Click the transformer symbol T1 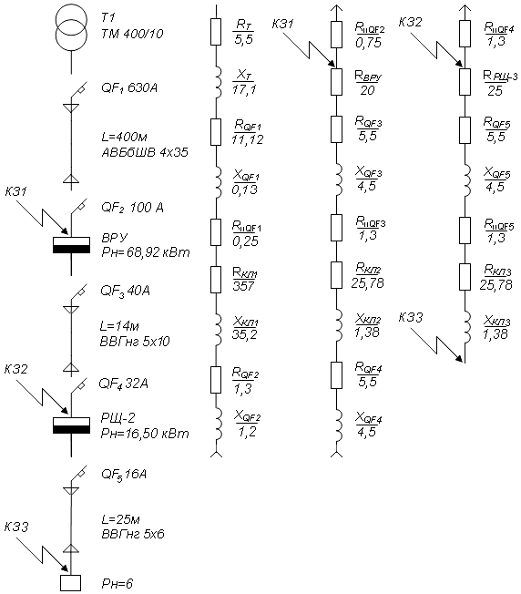[72, 27]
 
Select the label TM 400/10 [132, 34]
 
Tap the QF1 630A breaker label [129, 88]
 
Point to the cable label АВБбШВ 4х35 [145, 152]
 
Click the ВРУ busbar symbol [72, 245]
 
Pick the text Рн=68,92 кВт [146, 252]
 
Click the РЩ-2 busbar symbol [72, 425]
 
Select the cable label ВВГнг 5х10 [135, 342]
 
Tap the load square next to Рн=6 [71, 583]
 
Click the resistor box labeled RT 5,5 [216, 32]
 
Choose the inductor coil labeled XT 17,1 [218, 82]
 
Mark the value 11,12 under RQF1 [248, 139]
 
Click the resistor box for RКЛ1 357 [216, 280]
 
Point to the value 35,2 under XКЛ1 [245, 334]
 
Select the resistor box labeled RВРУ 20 [337, 82]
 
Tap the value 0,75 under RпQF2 [368, 43]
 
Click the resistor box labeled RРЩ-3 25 [465, 82]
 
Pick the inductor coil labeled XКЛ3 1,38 [467, 326]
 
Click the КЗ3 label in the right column [411, 317]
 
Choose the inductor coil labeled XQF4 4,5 [339, 425]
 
